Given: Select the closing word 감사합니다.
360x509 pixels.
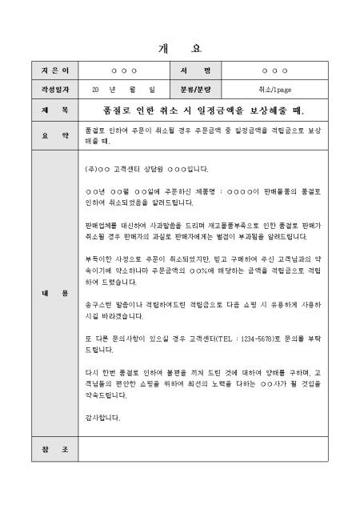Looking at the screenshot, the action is [102, 418].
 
